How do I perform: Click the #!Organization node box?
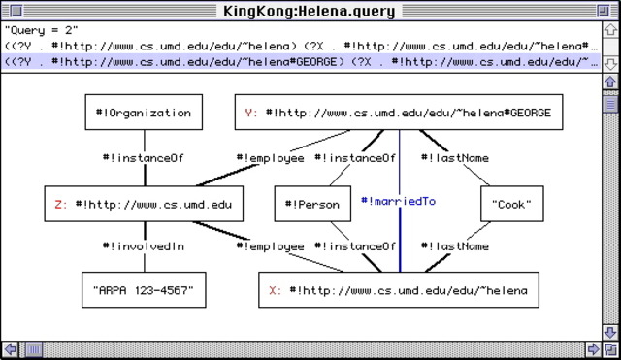click(x=144, y=113)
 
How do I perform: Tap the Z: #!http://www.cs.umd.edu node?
click(x=144, y=204)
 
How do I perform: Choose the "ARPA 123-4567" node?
click(x=144, y=290)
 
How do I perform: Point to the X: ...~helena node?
click(x=398, y=290)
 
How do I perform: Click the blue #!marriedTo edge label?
click(x=398, y=202)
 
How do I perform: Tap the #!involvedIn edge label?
click(x=144, y=246)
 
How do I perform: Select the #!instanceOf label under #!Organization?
click(x=144, y=157)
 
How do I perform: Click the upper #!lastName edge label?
click(x=455, y=157)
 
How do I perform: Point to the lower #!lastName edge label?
click(x=455, y=246)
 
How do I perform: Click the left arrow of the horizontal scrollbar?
click(x=10, y=349)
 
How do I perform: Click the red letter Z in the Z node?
click(x=59, y=204)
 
